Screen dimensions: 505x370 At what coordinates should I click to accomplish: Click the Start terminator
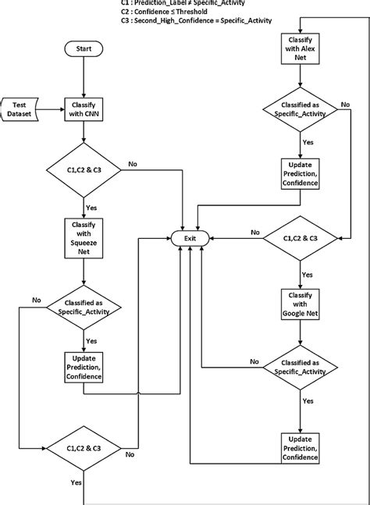tap(84, 48)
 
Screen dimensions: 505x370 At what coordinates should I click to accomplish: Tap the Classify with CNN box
tap(84, 110)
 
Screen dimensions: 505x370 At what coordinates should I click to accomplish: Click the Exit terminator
tap(190, 237)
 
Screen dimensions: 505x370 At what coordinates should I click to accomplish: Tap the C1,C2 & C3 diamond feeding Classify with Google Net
tap(300, 238)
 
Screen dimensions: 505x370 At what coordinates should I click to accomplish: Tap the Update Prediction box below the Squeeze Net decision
tap(84, 367)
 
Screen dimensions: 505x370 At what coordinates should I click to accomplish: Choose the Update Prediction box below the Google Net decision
tap(300, 448)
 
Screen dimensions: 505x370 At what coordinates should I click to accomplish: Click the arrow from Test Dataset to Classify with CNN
tap(52, 110)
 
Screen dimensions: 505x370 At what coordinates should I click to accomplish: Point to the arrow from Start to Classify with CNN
tap(84, 76)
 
